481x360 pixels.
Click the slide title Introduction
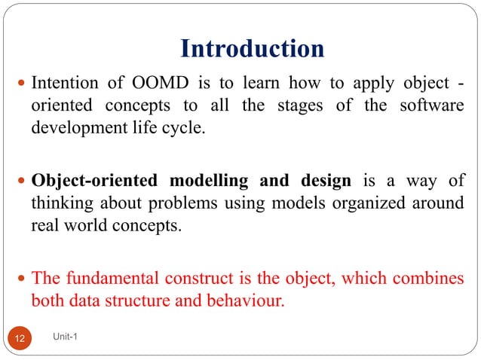(253, 49)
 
